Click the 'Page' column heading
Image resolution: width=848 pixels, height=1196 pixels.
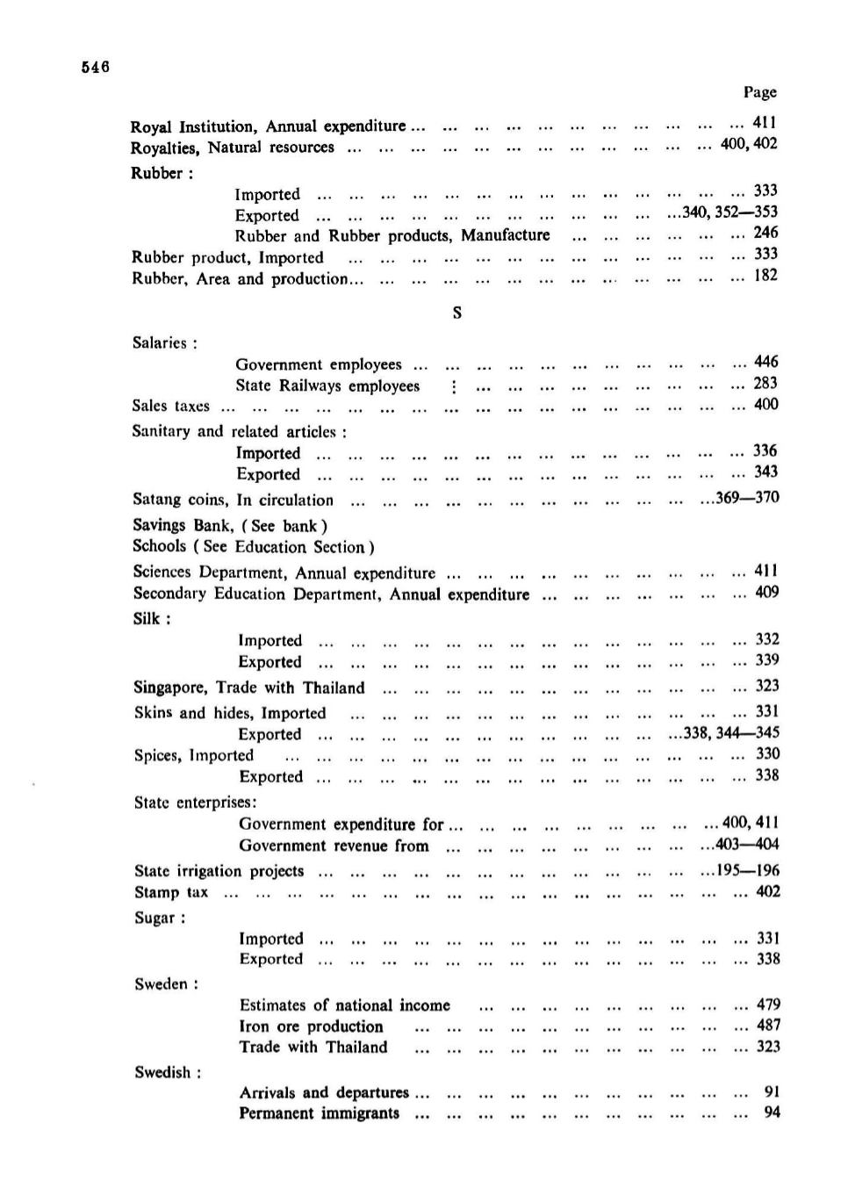pyautogui.click(x=759, y=92)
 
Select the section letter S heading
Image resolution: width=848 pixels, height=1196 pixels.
pyautogui.click(x=456, y=313)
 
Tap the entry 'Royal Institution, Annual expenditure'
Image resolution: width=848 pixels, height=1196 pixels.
pyautogui.click(x=268, y=126)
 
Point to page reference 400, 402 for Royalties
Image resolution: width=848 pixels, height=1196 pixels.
pyautogui.click(x=748, y=143)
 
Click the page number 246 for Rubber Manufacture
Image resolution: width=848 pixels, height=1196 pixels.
pyautogui.click(x=765, y=233)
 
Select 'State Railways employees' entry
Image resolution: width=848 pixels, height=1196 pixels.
pyautogui.click(x=327, y=386)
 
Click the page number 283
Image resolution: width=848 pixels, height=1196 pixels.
pyautogui.click(x=765, y=383)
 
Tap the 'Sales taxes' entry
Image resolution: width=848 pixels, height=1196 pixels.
pyautogui.click(x=171, y=406)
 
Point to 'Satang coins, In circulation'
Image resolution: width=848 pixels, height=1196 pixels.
pyautogui.click(x=233, y=500)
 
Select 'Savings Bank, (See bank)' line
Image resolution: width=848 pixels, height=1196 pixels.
pyautogui.click(x=230, y=525)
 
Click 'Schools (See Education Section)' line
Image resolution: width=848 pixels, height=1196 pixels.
pyautogui.click(x=254, y=546)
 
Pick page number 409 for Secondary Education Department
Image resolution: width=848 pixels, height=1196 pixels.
pyautogui.click(x=766, y=592)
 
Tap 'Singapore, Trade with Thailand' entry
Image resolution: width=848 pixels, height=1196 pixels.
pyautogui.click(x=248, y=688)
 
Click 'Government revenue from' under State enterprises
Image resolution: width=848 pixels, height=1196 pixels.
pyautogui.click(x=334, y=846)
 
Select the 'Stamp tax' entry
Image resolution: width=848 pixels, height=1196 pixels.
pyautogui.click(x=171, y=892)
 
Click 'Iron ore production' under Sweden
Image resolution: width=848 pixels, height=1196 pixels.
pyautogui.click(x=311, y=1027)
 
